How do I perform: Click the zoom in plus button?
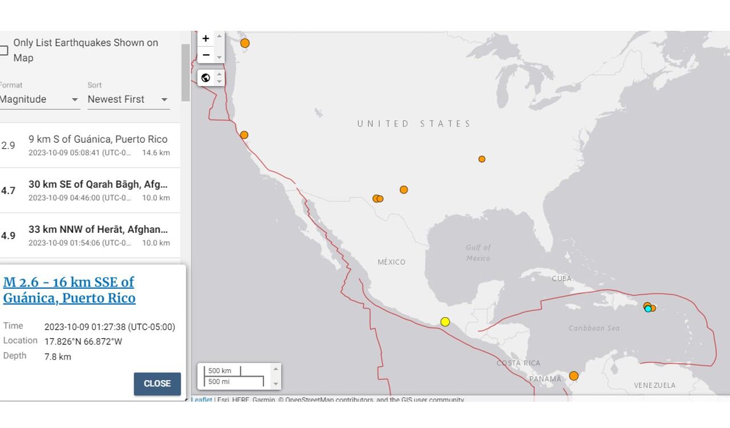(x=206, y=38)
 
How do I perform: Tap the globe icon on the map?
(x=206, y=78)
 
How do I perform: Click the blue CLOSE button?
(x=157, y=383)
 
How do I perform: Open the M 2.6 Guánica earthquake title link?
(x=69, y=290)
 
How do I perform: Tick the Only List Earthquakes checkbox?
(x=3, y=50)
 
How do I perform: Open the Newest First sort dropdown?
(x=128, y=99)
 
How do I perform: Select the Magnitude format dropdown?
(x=39, y=99)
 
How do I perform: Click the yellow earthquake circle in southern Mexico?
(x=445, y=322)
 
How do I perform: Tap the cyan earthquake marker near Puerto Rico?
(x=648, y=309)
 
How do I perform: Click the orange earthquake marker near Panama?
(x=574, y=376)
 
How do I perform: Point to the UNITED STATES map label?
(x=414, y=124)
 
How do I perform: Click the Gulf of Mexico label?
(x=478, y=253)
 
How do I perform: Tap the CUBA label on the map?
(x=561, y=278)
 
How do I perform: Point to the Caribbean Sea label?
(x=594, y=328)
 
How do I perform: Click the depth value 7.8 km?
(x=58, y=357)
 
